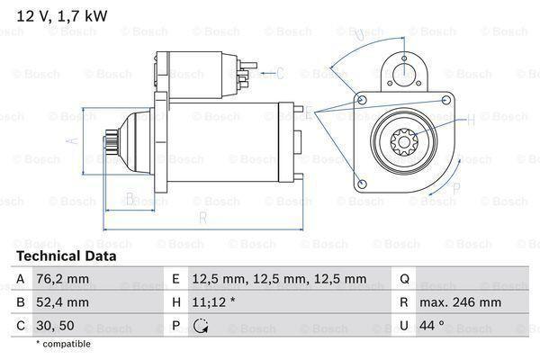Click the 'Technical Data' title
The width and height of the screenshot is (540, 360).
click(x=67, y=256)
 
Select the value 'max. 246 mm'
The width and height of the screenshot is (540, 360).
click(x=462, y=302)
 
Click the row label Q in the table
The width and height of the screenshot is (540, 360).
click(x=404, y=279)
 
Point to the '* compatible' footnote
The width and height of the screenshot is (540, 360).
click(x=63, y=344)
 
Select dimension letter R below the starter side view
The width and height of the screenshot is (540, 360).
click(x=203, y=219)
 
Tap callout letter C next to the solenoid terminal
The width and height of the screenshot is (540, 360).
click(x=280, y=73)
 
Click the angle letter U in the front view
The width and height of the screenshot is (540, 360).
click(x=358, y=35)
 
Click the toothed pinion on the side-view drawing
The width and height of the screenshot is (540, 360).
click(x=112, y=143)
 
